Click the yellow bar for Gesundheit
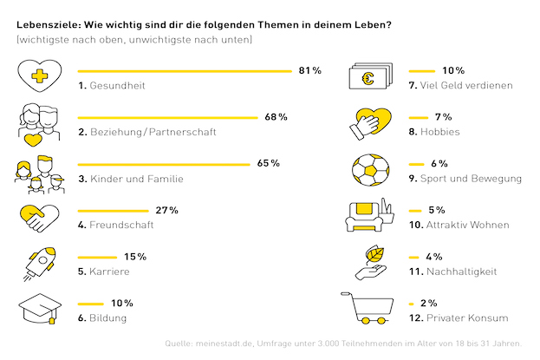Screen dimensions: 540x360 (185, 71)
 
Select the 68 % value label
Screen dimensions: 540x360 (276, 117)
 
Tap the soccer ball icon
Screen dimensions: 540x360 (371, 170)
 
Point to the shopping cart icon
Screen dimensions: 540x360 (368, 308)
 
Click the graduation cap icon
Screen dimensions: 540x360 (40, 309)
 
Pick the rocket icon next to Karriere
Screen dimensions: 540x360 (40, 264)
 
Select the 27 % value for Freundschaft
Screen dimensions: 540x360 (166, 210)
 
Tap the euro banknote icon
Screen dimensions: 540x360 (371, 76)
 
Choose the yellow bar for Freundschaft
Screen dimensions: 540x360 (113, 211)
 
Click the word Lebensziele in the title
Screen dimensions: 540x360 (48, 25)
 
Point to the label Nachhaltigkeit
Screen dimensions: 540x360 (461, 272)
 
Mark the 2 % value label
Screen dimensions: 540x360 (429, 303)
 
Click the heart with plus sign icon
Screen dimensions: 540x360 (40, 75)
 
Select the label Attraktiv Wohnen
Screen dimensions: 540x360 (468, 225)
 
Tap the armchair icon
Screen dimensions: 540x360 (365, 217)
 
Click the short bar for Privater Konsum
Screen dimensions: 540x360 (411, 304)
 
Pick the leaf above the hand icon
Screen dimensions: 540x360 (374, 254)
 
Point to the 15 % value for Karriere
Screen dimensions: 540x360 (135, 257)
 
